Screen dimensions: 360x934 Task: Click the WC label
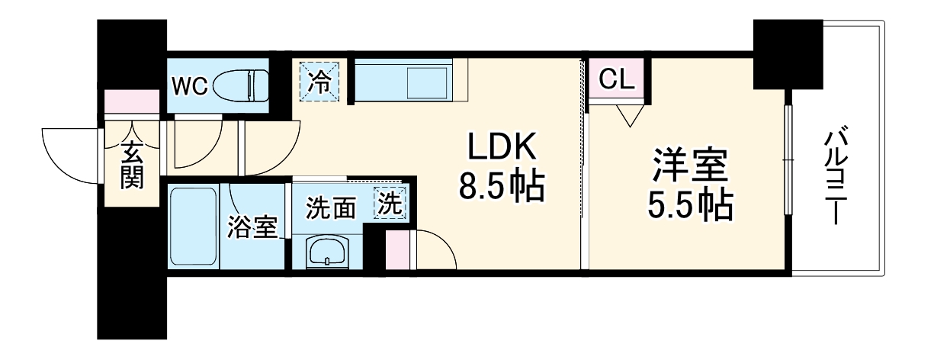tap(189, 86)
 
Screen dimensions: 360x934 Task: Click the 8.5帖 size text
tap(502, 187)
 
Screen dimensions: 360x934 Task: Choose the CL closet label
tap(618, 79)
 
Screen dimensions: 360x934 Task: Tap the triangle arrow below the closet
tap(629, 115)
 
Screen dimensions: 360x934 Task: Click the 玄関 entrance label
tap(131, 166)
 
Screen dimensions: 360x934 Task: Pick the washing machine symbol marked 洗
tap(390, 204)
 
